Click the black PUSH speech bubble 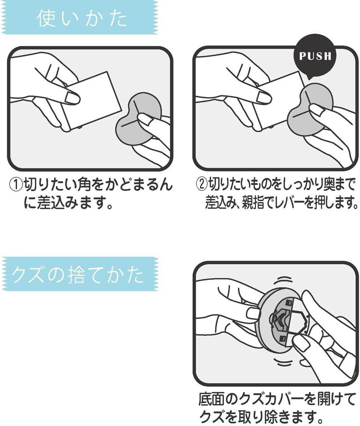point(315,57)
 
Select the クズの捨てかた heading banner point(79,274)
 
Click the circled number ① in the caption point(16,185)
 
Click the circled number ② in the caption point(202,185)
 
